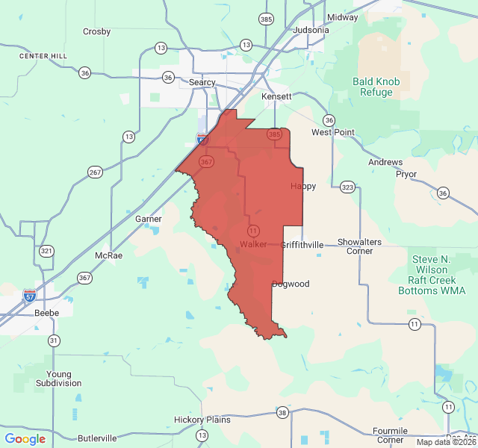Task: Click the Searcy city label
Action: pyautogui.click(x=202, y=82)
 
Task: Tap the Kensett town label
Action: pyautogui.click(x=276, y=96)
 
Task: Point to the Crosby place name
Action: pyautogui.click(x=96, y=31)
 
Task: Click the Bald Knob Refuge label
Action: pyautogui.click(x=376, y=87)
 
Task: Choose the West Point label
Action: pyautogui.click(x=333, y=132)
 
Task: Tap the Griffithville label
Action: pyautogui.click(x=302, y=244)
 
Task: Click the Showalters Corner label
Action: pyautogui.click(x=359, y=246)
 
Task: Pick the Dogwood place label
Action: pyautogui.click(x=291, y=284)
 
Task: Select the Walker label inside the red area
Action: pyautogui.click(x=254, y=244)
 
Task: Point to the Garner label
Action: pyautogui.click(x=149, y=219)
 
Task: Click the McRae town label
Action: pyautogui.click(x=108, y=255)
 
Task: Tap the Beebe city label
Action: pyautogui.click(x=47, y=313)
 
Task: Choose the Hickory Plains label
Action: pyautogui.click(x=202, y=420)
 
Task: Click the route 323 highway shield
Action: pyautogui.click(x=347, y=186)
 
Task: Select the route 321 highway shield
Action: pyautogui.click(x=47, y=251)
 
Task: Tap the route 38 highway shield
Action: pyautogui.click(x=282, y=412)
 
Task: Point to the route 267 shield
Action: pyautogui.click(x=95, y=172)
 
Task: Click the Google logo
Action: pyautogui.click(x=25, y=439)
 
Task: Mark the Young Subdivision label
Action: pyautogui.click(x=59, y=379)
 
